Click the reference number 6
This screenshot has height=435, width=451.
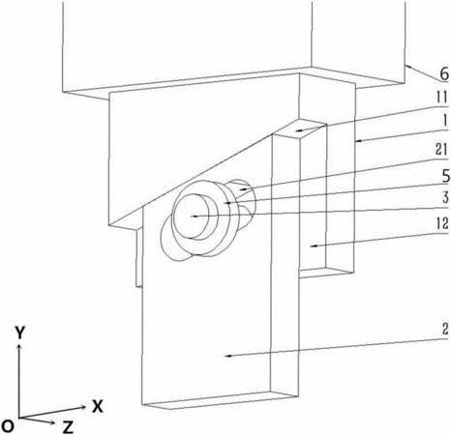coord(444,74)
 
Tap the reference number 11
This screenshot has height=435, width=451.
coord(441,98)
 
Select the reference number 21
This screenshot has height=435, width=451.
coord(441,151)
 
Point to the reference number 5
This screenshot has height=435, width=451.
coord(445,176)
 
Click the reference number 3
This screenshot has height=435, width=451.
coord(445,197)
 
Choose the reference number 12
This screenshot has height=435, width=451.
coord(442,223)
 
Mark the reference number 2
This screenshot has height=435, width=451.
coord(445,329)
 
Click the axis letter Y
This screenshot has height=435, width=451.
coord(20,333)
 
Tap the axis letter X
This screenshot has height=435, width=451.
coord(97,407)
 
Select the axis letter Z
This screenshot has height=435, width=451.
coord(68,427)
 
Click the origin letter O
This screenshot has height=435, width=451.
coord(8,426)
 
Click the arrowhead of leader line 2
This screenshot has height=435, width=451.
coord(228,356)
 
